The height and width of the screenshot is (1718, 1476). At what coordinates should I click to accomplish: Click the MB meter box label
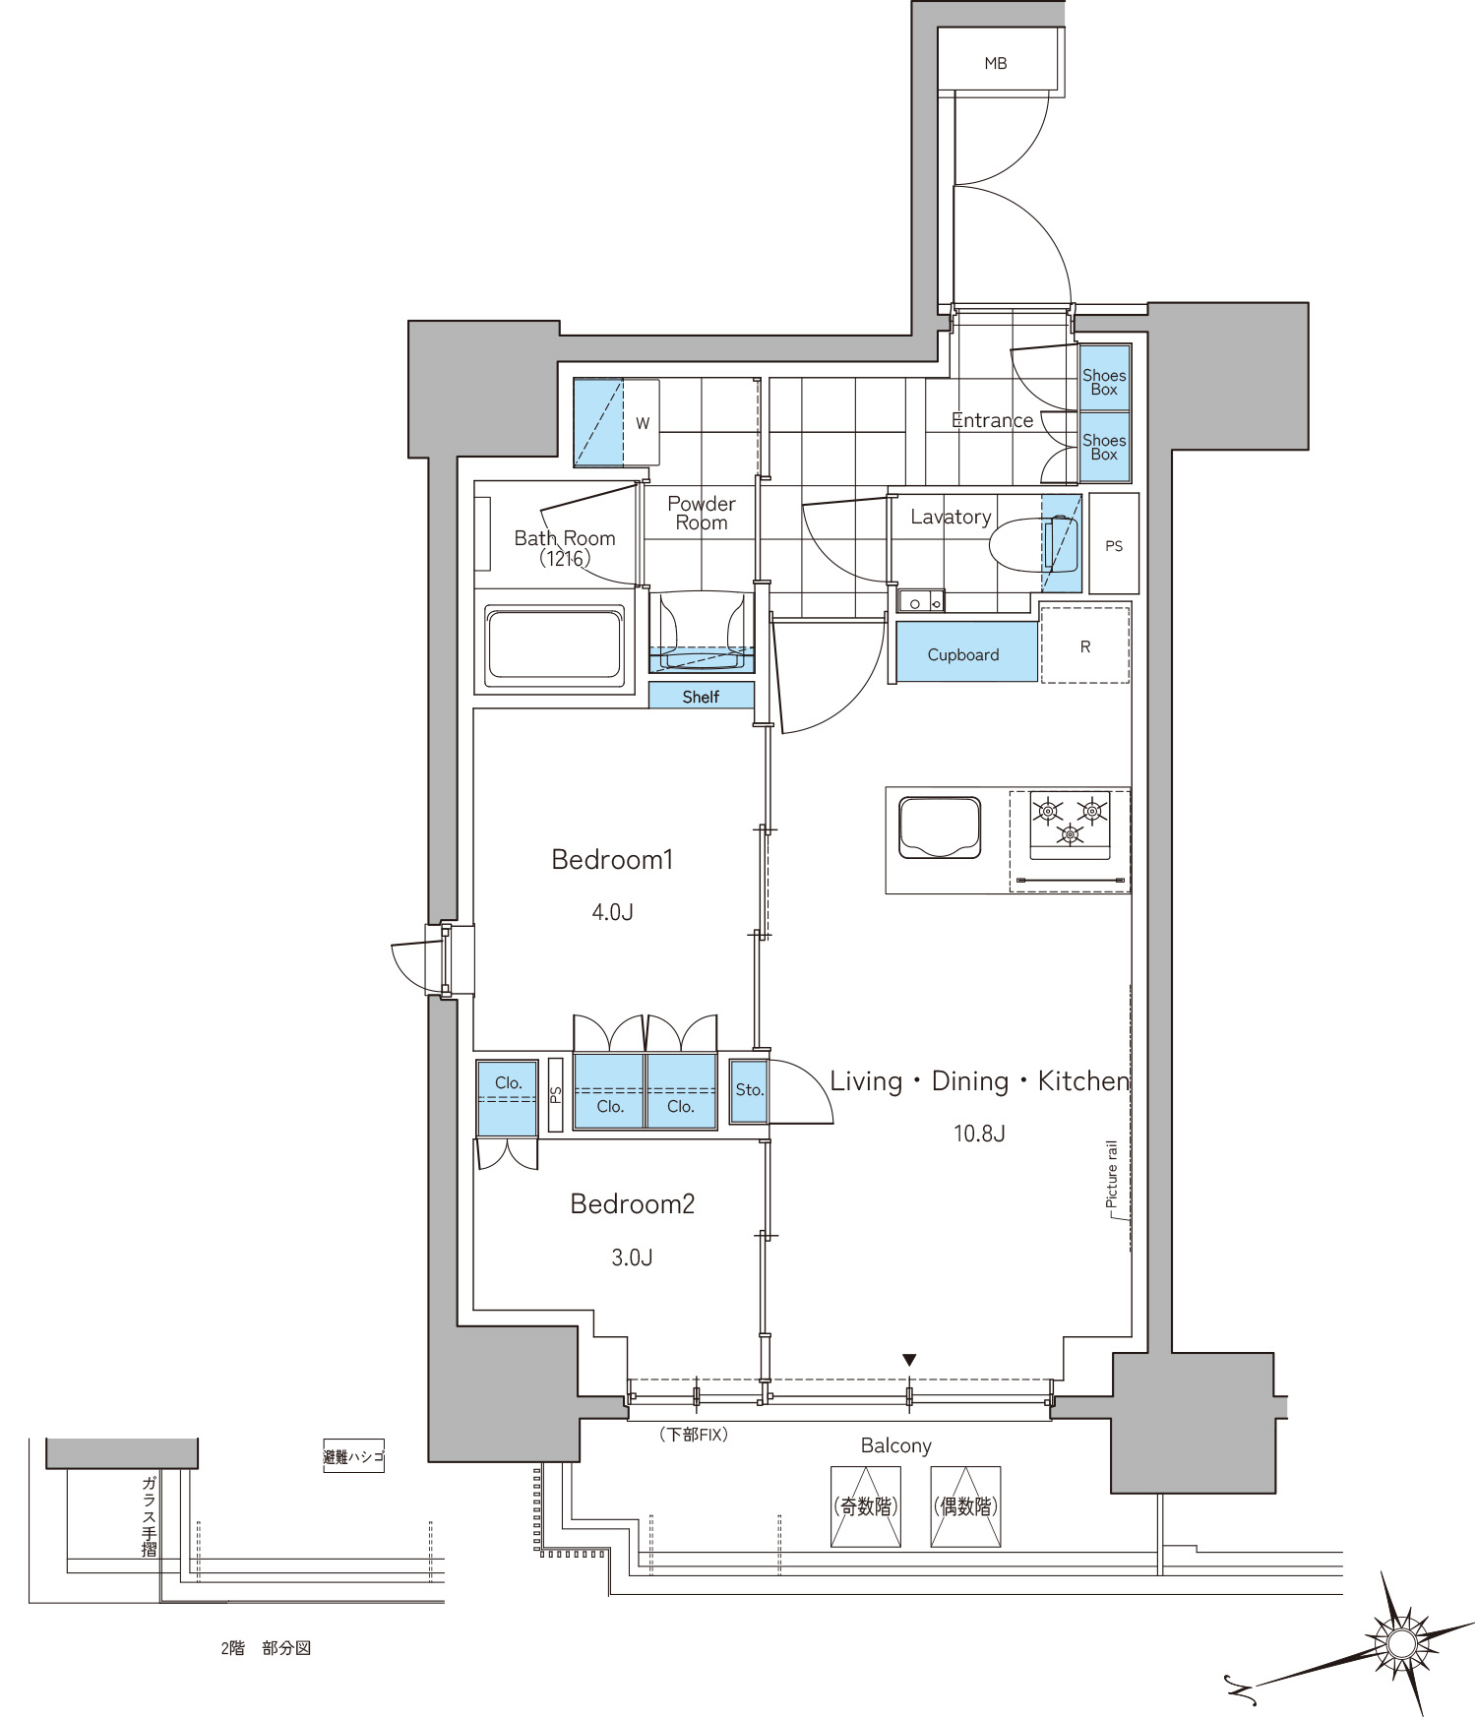click(x=995, y=64)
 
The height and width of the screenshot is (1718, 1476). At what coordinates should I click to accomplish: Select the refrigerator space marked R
click(x=1084, y=644)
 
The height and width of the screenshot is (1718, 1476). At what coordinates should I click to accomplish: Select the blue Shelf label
click(x=701, y=696)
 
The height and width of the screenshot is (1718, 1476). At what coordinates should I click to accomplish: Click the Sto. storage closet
click(x=749, y=1090)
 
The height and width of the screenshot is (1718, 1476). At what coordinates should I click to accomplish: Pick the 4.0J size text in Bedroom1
click(x=612, y=912)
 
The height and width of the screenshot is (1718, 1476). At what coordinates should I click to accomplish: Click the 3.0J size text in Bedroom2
click(x=632, y=1257)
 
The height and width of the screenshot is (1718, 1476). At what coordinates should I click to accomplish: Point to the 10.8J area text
click(x=978, y=1133)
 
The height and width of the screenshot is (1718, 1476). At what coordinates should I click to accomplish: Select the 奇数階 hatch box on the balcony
click(x=865, y=1506)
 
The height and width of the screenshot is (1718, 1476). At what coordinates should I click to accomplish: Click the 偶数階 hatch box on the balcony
click(x=965, y=1506)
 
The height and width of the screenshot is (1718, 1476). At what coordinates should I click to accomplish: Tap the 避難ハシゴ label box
click(x=353, y=1456)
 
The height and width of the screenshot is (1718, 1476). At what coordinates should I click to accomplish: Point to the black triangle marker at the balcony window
click(x=909, y=1360)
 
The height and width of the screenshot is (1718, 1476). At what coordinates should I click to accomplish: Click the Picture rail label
click(x=1112, y=1174)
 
